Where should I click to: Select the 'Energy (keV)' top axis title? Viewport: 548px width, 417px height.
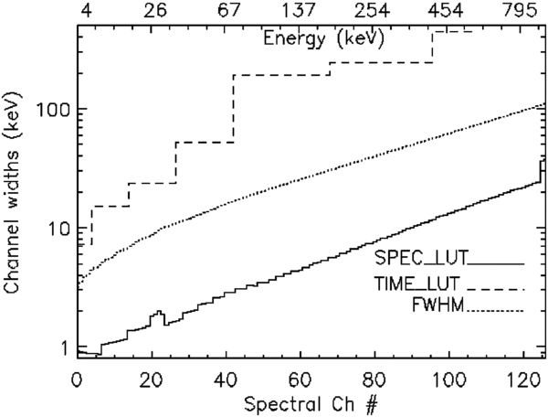321,40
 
